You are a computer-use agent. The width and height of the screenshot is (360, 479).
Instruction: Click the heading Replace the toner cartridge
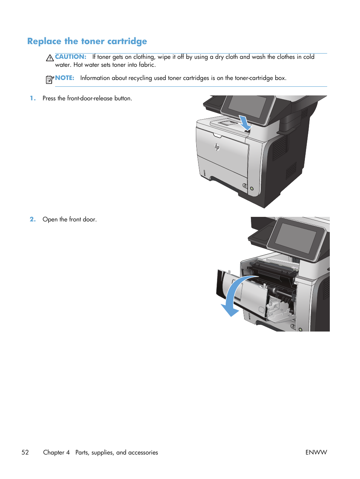87,41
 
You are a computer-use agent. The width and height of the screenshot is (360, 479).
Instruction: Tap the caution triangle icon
50,58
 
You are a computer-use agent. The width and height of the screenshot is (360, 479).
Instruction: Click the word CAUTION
71,57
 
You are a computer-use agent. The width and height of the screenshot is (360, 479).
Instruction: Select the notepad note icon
49,79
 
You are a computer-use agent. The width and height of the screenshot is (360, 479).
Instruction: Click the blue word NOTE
65,78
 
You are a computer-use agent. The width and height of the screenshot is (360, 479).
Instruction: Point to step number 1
33,98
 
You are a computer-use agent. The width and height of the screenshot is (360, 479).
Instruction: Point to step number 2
33,220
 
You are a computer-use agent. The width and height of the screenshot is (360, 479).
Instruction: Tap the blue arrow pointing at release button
245,123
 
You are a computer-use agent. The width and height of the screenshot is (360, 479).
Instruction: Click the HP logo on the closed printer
217,147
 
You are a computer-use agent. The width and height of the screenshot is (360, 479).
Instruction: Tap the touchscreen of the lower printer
295,238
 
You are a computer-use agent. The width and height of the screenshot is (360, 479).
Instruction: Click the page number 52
25,453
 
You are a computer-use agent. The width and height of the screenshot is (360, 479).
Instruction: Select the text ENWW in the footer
316,453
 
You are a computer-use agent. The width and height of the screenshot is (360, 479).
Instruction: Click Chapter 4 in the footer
57,453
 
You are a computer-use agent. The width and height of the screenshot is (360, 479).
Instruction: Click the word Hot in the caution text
78,65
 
